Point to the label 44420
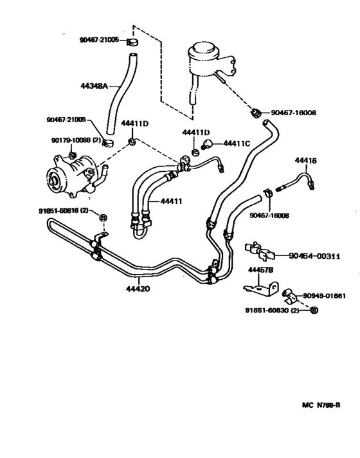(138, 288)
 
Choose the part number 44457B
(261, 270)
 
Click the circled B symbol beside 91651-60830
(314, 310)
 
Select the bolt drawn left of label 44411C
(209, 144)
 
